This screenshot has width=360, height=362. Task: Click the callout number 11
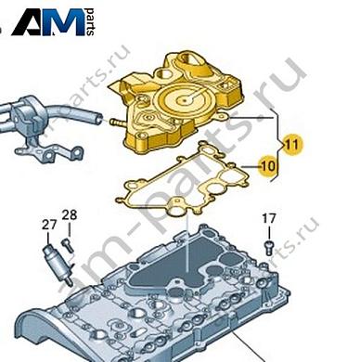(292, 144)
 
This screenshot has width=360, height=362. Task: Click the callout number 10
(267, 166)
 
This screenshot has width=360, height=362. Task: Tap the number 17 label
(268, 219)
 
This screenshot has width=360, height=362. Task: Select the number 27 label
(49, 225)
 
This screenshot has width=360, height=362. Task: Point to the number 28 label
(70, 216)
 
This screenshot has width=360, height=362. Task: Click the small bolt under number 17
(267, 245)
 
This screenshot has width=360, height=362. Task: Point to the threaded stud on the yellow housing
(114, 120)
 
